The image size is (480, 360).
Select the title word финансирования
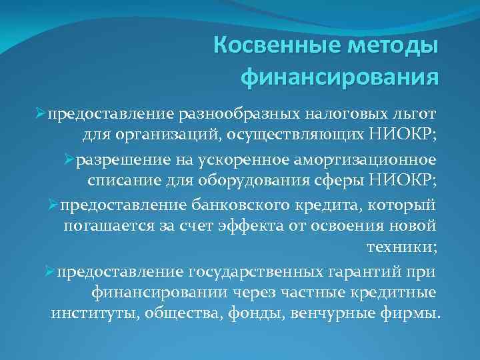(x=339, y=77)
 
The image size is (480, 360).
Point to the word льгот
(x=411, y=114)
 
